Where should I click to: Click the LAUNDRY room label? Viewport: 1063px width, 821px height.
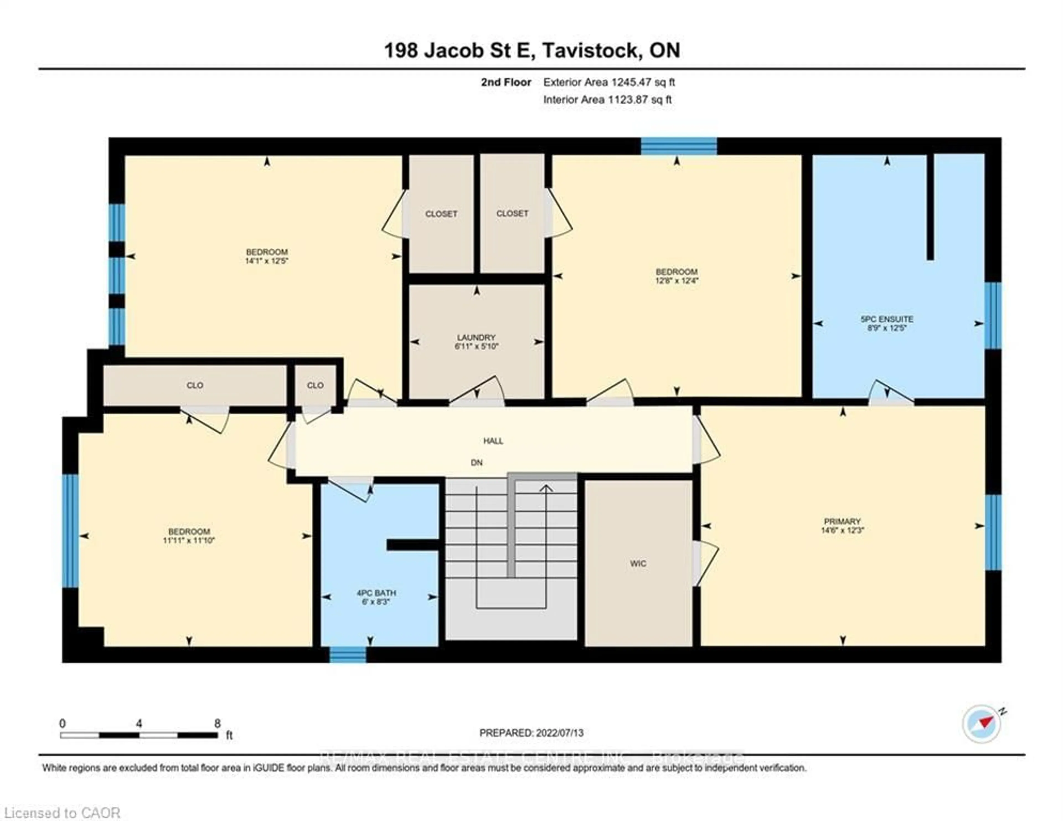coord(476,337)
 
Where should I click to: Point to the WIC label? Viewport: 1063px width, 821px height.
coord(638,563)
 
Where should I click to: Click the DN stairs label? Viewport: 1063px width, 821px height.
coord(476,463)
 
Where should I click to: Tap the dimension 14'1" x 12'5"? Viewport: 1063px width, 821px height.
coord(267,261)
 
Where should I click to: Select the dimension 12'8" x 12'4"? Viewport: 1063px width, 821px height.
coord(677,281)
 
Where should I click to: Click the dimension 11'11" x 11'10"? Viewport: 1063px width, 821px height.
coord(189,540)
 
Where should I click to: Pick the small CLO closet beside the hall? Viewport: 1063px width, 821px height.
coord(315,385)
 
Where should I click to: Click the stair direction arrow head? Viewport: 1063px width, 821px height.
coord(547,488)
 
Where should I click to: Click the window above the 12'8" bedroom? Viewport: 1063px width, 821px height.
coord(678,146)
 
